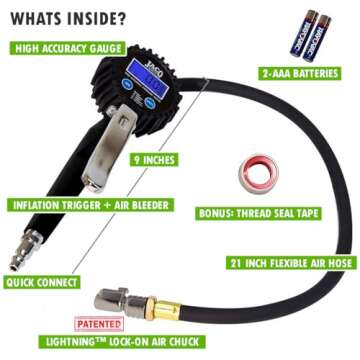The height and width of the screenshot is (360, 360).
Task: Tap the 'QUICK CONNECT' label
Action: [x=45, y=283]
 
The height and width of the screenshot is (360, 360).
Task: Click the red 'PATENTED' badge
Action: [x=100, y=324]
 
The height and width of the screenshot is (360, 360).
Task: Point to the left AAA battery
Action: [x=297, y=33]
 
